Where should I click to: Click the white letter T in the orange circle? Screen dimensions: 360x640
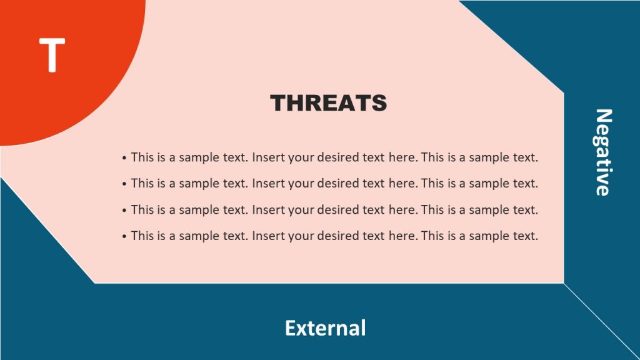[52, 54]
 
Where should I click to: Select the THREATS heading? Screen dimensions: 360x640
[328, 103]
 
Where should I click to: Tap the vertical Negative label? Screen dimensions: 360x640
[602, 152]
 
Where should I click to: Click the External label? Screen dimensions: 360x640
[325, 327]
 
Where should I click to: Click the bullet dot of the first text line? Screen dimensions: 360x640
[125, 158]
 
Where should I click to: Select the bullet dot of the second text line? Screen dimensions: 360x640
[125, 184]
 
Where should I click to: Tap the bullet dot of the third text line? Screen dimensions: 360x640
[125, 211]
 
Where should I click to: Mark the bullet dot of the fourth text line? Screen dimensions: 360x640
[125, 237]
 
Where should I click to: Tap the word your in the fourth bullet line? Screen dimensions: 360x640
[301, 236]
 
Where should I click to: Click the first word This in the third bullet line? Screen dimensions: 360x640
[142, 210]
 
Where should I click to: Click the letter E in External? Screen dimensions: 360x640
[291, 327]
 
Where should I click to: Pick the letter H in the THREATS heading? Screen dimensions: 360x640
[299, 103]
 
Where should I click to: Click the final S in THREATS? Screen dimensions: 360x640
[378, 103]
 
